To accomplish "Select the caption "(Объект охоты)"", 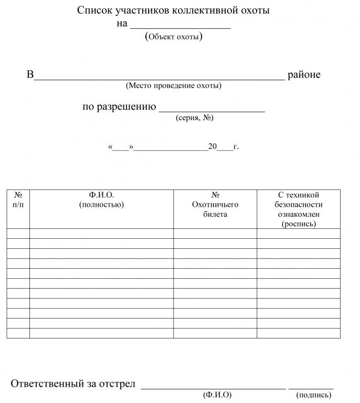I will tap(173, 36).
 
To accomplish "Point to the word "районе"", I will tap(304, 75).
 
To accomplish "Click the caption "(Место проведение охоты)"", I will tap(173, 85).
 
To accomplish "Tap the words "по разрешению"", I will tap(120, 107).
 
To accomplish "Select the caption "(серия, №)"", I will tap(194, 118).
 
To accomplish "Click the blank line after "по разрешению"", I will tap(211, 109).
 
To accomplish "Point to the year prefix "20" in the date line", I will tap(213, 146).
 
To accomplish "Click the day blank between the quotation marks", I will tap(121, 147).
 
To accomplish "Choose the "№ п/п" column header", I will tap(18, 200).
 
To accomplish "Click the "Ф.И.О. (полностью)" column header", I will tap(101, 200).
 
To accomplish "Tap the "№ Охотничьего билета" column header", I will tap(215, 205).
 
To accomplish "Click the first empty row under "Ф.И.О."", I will tap(101, 234).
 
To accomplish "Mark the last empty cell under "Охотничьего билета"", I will tap(215, 333).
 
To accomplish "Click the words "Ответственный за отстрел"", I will tap(73, 384).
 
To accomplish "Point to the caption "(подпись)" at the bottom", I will tap(314, 395).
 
